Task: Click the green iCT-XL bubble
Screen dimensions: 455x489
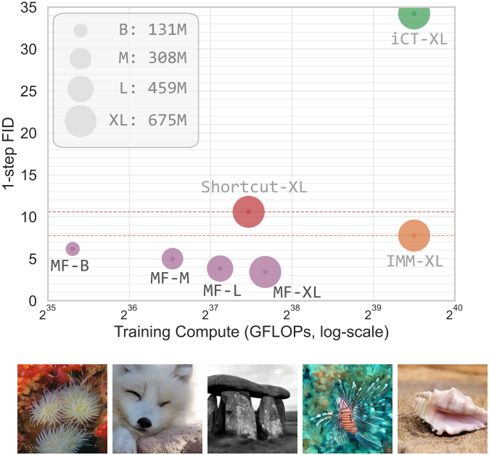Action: pyautogui.click(x=414, y=14)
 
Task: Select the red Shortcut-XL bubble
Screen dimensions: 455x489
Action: pyautogui.click(x=249, y=212)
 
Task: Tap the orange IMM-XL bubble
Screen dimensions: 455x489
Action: pyautogui.click(x=414, y=235)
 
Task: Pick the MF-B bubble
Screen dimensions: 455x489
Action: pyautogui.click(x=73, y=249)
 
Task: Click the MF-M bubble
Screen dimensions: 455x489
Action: pyautogui.click(x=172, y=258)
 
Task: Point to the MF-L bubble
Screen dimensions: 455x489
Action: pyautogui.click(x=220, y=269)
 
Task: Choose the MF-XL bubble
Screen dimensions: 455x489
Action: pyautogui.click(x=266, y=272)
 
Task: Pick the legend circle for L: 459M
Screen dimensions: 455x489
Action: pyautogui.click(x=81, y=89)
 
